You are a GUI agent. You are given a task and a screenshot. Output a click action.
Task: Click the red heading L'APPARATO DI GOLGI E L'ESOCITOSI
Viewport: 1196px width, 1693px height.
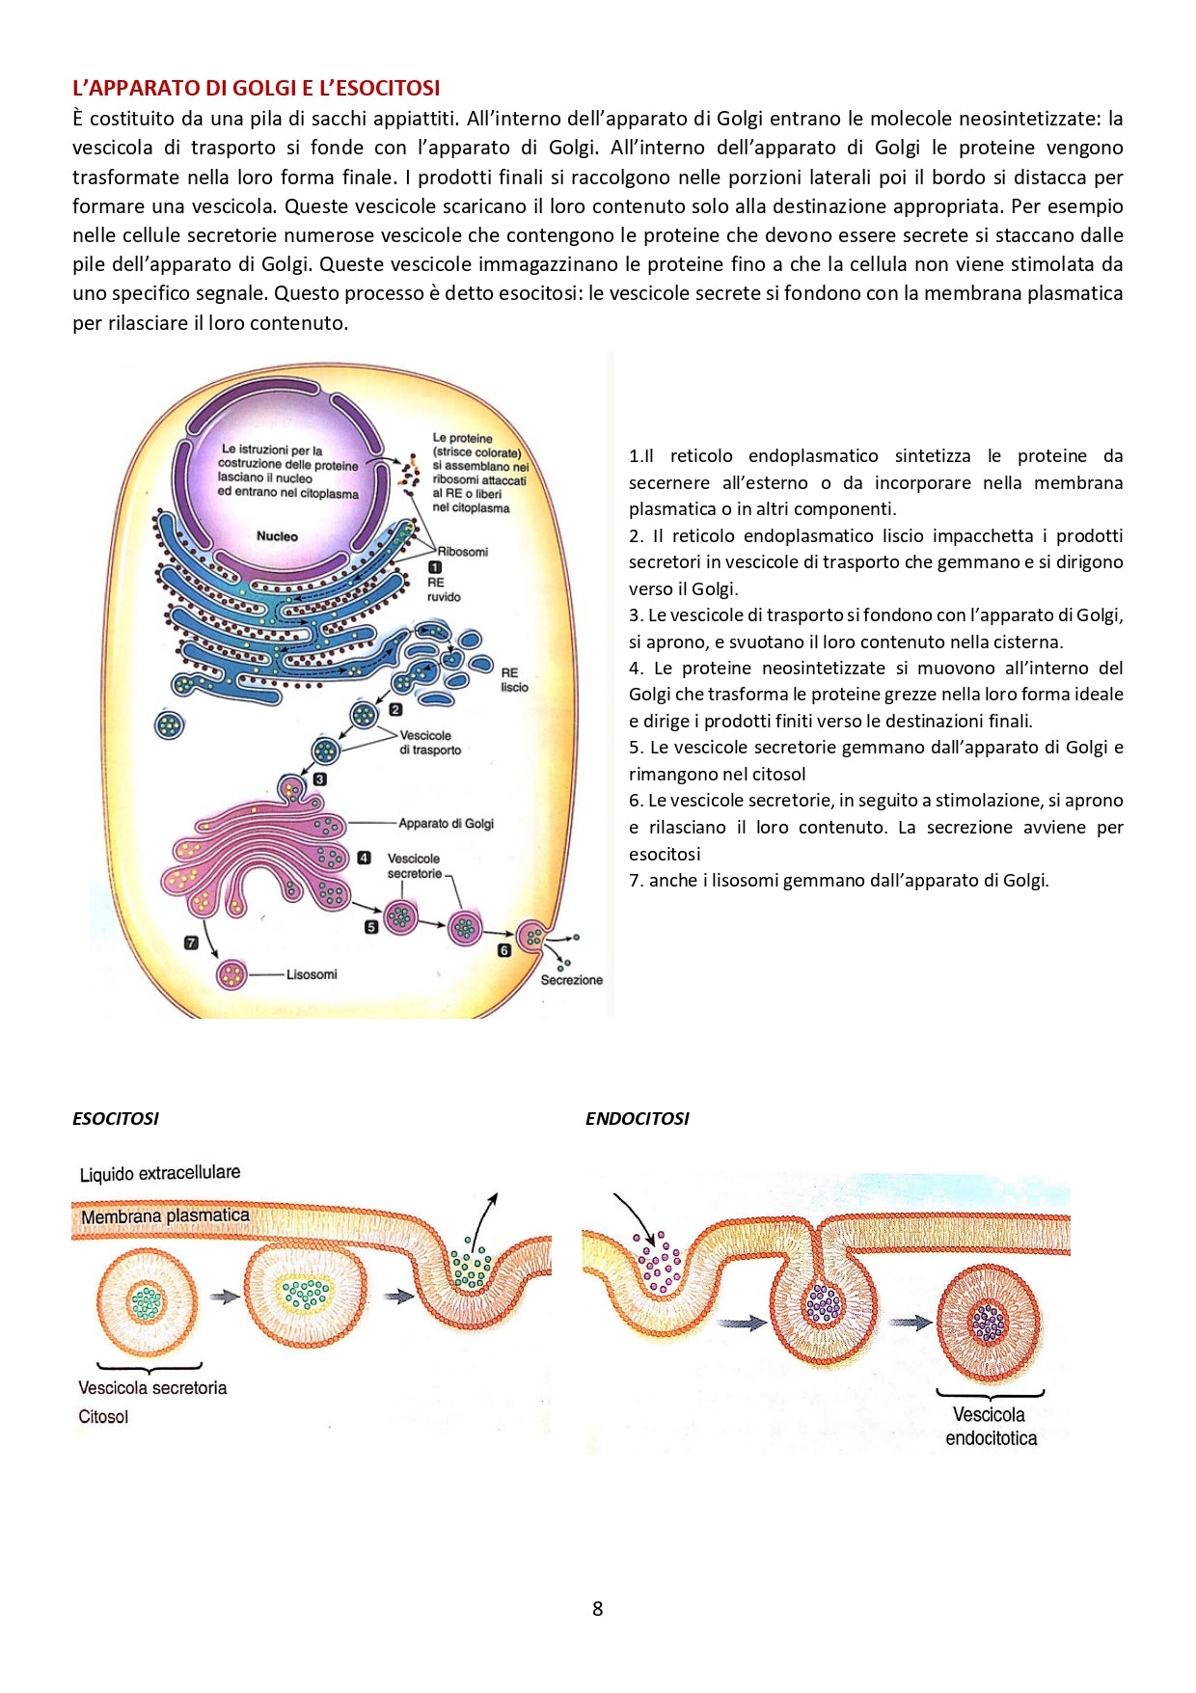click(256, 88)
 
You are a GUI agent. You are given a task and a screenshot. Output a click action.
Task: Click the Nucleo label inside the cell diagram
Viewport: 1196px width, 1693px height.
click(277, 536)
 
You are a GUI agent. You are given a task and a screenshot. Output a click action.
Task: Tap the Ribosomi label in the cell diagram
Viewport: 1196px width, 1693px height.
click(463, 552)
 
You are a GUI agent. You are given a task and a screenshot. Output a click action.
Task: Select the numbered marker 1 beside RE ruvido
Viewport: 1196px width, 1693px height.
click(435, 567)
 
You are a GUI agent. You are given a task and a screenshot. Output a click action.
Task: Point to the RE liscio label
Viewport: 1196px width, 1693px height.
click(513, 679)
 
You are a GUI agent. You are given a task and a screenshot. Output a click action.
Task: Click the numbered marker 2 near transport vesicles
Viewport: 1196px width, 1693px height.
click(395, 709)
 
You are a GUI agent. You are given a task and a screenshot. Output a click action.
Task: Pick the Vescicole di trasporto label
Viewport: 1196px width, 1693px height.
click(430, 742)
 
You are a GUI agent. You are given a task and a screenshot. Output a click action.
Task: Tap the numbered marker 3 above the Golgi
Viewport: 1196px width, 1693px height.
click(319, 778)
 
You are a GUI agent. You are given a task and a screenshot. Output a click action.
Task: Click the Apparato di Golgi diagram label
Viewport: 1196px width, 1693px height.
click(446, 823)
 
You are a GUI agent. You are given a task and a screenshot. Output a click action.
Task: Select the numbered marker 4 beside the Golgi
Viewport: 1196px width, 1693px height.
click(364, 857)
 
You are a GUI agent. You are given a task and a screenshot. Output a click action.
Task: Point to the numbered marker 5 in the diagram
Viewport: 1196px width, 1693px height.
click(371, 926)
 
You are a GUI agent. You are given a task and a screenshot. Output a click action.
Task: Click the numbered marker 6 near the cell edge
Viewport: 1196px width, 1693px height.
click(503, 950)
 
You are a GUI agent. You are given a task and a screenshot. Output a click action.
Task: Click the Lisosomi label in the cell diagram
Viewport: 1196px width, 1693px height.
click(312, 974)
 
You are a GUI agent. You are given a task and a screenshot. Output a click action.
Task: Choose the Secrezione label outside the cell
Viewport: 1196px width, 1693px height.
click(571, 980)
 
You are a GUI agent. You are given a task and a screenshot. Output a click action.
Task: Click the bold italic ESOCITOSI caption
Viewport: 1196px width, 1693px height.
click(116, 1119)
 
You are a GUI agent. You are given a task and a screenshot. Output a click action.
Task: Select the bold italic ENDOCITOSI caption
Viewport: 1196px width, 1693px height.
click(637, 1119)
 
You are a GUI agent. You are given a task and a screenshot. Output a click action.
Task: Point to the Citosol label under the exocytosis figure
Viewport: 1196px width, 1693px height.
click(103, 1416)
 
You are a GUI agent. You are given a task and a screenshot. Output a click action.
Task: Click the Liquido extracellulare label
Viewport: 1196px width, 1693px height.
click(160, 1173)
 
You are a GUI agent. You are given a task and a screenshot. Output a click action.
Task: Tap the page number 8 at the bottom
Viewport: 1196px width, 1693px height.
click(597, 1608)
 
